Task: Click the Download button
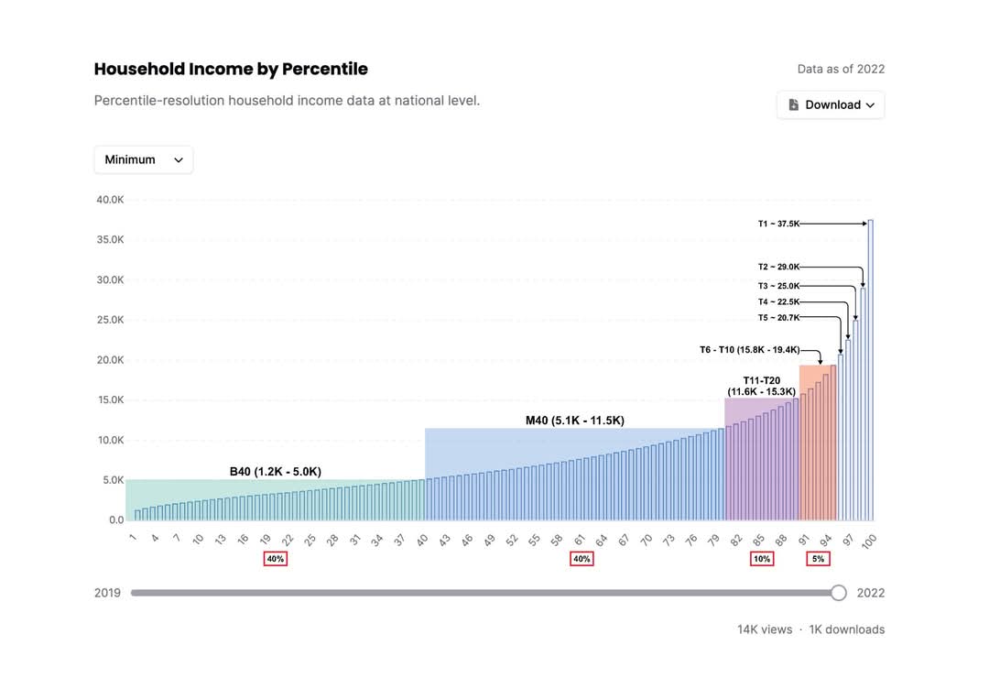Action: click(x=831, y=104)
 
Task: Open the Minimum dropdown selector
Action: click(x=143, y=159)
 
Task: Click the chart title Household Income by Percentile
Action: click(x=231, y=69)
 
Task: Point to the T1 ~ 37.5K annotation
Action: click(x=778, y=224)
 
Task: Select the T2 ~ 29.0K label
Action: click(x=778, y=268)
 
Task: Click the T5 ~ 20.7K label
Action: click(x=778, y=318)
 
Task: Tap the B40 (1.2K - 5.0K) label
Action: click(x=275, y=472)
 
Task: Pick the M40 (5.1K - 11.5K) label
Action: click(x=574, y=421)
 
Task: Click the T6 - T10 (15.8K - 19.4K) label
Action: click(x=749, y=349)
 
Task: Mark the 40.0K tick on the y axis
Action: click(x=110, y=200)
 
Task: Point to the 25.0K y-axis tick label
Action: click(x=110, y=320)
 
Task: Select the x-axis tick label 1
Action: click(x=133, y=538)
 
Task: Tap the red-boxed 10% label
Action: click(x=761, y=559)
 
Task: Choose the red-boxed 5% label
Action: click(x=818, y=559)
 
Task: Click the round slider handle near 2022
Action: click(x=838, y=593)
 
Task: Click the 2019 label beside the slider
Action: click(x=107, y=593)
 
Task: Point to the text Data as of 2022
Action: click(x=841, y=69)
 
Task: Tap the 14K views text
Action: click(x=764, y=629)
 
